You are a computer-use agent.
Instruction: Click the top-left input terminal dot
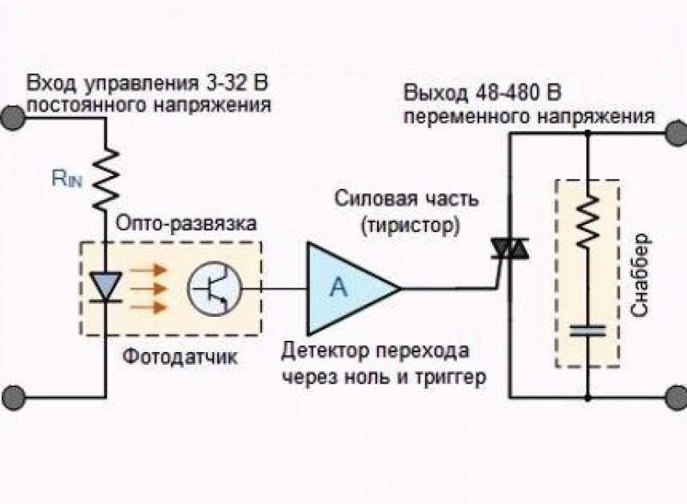click(x=11, y=118)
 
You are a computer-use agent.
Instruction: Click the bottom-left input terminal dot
click(x=11, y=397)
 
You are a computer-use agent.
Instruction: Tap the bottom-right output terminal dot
click(x=676, y=397)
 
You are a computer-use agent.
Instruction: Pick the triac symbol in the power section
click(x=510, y=249)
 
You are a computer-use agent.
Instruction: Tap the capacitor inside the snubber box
click(x=587, y=331)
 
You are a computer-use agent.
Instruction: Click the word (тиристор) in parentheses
click(x=410, y=225)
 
